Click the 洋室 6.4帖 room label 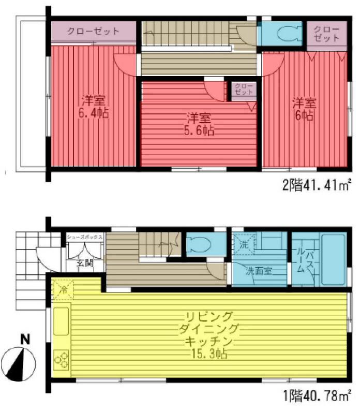[x=94, y=107]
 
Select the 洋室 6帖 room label [x=304, y=108]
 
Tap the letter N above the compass [x=24, y=340]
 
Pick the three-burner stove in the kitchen [x=61, y=359]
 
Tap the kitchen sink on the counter [x=61, y=320]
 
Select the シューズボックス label [x=85, y=238]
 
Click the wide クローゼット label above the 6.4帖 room [x=93, y=31]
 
